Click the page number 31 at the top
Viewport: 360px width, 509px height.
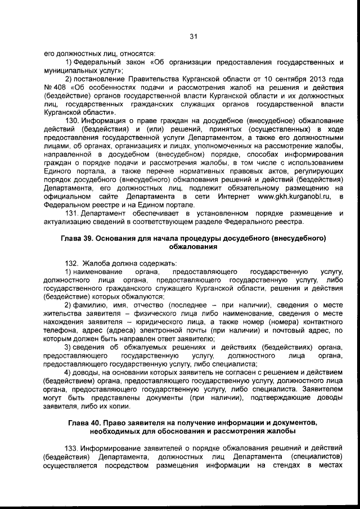coord(192,37)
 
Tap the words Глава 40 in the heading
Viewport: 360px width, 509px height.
coord(84,422)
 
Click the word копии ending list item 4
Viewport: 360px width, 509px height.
coord(119,406)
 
